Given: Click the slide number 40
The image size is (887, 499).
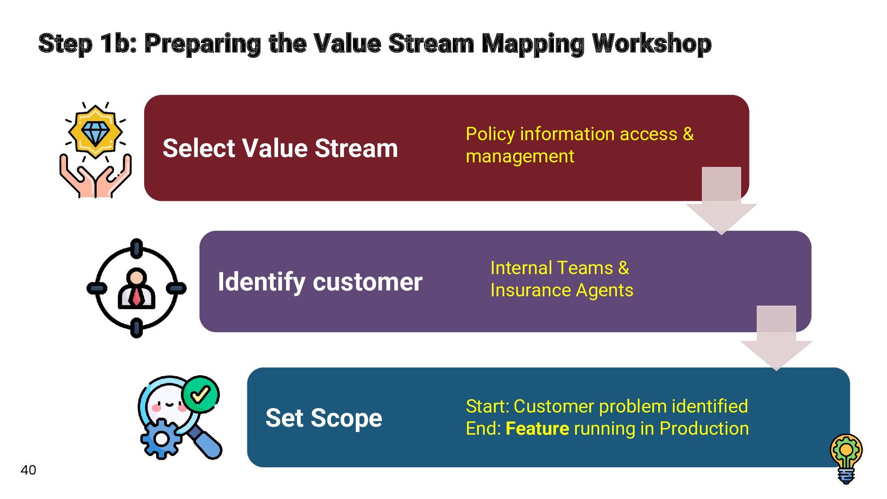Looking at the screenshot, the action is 28,470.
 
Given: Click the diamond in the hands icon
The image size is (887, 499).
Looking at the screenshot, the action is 95,132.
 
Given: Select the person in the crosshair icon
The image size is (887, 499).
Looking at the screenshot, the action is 136,289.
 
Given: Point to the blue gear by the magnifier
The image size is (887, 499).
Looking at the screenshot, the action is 161,438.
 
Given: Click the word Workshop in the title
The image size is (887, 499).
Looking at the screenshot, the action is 651,44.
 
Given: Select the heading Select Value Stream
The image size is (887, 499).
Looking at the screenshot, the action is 280,148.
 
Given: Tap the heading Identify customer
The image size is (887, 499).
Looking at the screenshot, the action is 320,282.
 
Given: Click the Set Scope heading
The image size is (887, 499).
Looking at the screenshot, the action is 323,418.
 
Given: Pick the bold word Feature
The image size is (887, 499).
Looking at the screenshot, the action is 537,429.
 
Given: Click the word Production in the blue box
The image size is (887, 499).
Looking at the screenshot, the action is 704,429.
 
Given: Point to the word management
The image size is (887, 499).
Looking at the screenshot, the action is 520,157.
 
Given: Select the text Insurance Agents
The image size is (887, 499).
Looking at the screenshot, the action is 562,291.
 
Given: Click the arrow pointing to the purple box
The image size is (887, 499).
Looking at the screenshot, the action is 721,203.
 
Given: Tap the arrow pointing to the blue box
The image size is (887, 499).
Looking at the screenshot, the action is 776,340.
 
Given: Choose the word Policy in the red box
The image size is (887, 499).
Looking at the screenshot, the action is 490,134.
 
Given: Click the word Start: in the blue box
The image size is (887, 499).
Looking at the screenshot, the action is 487,407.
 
